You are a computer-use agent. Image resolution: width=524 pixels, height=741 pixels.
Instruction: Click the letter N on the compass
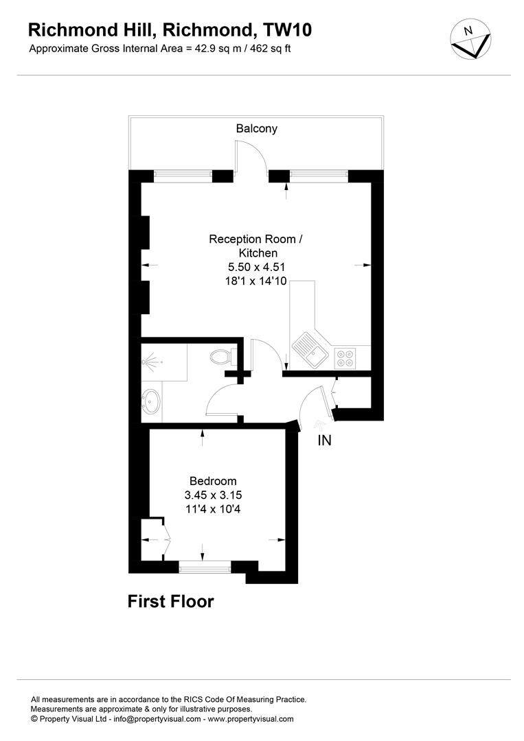tap(468, 31)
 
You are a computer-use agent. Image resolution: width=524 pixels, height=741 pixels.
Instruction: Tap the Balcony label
tap(257, 128)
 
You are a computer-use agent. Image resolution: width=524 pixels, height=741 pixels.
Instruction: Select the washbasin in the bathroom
tap(151, 401)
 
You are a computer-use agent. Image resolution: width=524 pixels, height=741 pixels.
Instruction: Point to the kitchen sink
tap(308, 349)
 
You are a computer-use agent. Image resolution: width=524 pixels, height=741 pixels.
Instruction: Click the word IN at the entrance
tap(324, 440)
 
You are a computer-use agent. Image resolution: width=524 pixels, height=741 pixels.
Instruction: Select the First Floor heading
tap(171, 602)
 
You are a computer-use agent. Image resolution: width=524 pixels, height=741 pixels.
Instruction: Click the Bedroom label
tap(213, 481)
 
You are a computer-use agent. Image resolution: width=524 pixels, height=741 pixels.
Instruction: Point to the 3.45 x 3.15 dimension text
tap(213, 495)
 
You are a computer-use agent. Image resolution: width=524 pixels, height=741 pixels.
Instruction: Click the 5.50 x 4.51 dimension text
tap(256, 267)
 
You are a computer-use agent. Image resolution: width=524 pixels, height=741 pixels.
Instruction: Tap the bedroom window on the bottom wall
tap(205, 567)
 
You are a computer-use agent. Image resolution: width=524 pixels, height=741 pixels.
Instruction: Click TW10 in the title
tap(288, 30)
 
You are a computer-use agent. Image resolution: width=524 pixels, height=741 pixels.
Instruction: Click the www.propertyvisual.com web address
tap(251, 719)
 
